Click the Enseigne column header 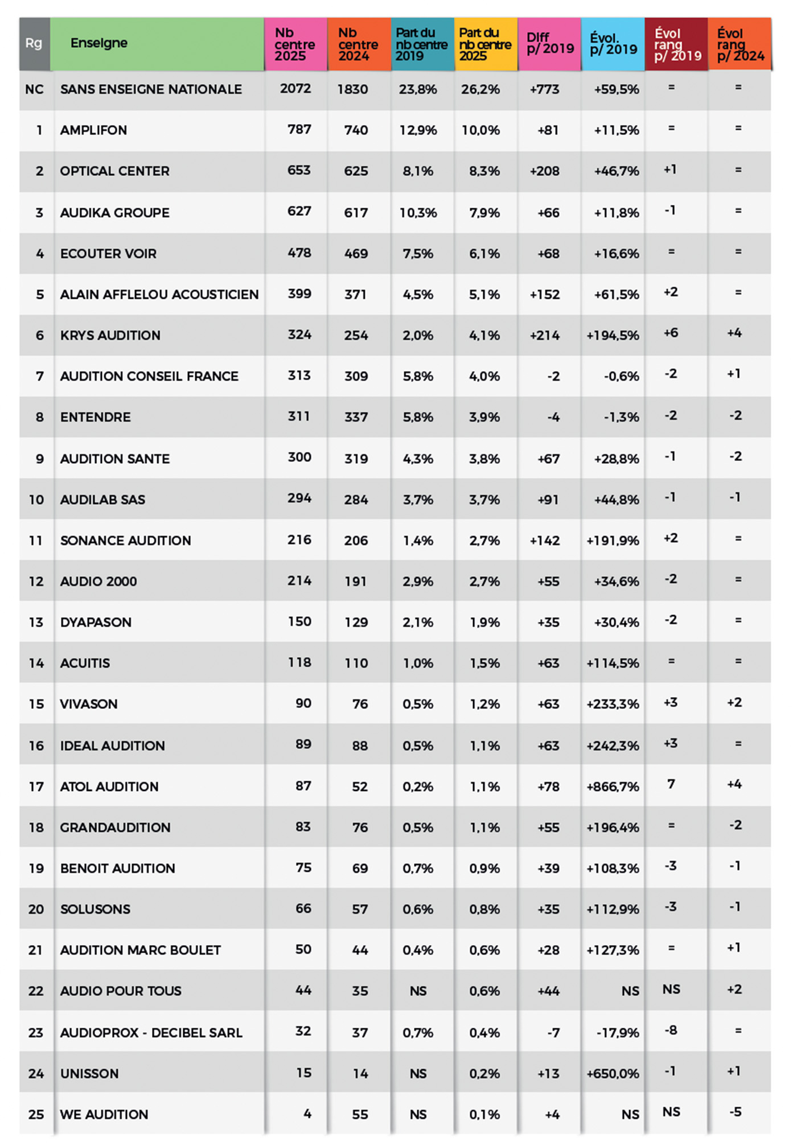(x=99, y=43)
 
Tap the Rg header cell (x=34, y=43)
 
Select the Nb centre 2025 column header (x=294, y=44)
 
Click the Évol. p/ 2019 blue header (x=613, y=44)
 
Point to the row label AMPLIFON (x=93, y=130)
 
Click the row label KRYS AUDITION (x=110, y=336)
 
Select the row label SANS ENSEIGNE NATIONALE (x=151, y=89)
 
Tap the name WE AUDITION (x=104, y=1115)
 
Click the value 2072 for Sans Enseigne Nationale (x=295, y=89)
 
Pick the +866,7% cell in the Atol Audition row (x=613, y=787)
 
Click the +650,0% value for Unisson (x=613, y=1074)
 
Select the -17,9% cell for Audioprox (x=618, y=1033)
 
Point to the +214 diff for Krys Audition (x=545, y=336)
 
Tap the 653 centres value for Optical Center (x=299, y=171)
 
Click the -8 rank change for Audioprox (x=671, y=1030)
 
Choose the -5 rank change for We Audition (x=735, y=1112)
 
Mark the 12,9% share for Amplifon (x=418, y=130)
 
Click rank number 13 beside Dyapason (x=36, y=623)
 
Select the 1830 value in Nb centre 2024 (x=352, y=89)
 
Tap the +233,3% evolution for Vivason (x=613, y=704)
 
